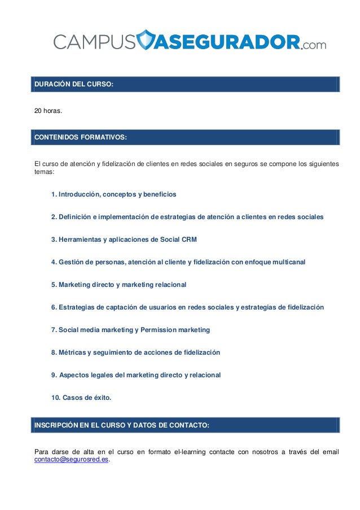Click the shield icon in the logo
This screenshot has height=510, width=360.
click(146, 40)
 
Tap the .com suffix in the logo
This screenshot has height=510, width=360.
click(314, 44)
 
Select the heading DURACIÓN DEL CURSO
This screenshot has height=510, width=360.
click(74, 85)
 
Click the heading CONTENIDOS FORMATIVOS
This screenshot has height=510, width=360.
click(81, 137)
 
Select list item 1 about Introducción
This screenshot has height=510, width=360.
click(113, 194)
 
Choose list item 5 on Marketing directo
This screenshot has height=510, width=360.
click(118, 285)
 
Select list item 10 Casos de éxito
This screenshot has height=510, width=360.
click(81, 398)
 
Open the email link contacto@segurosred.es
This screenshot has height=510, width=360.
click(72, 460)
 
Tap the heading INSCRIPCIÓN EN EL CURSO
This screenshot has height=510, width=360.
click(122, 425)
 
